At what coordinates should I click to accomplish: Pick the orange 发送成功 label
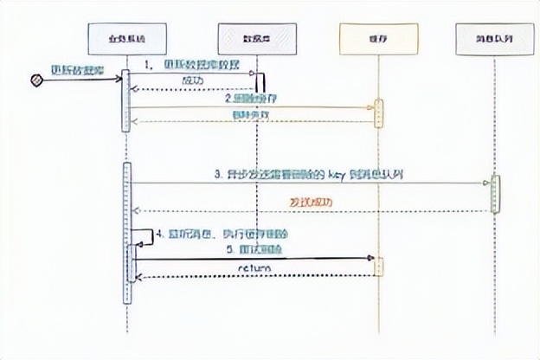309,202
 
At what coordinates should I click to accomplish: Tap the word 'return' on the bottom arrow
254,268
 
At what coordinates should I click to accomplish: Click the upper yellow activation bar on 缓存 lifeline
378,113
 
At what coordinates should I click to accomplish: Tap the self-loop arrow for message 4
140,235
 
